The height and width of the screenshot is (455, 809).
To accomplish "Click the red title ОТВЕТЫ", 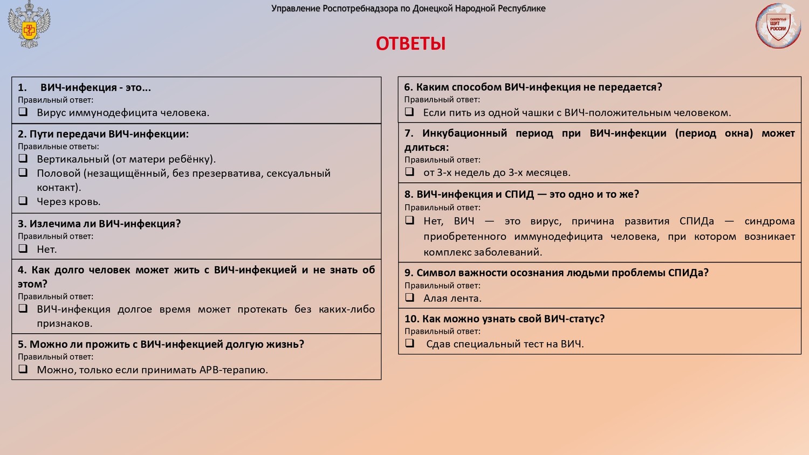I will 410,44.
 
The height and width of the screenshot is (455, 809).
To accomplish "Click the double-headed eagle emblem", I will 29,25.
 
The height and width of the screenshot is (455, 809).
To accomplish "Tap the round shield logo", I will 778,26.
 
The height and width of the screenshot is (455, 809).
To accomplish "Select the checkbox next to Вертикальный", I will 23,158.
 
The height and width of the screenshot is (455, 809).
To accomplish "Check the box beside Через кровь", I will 23,201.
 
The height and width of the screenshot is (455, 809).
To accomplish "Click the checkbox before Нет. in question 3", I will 23,249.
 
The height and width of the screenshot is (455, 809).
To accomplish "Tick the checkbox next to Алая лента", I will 410,298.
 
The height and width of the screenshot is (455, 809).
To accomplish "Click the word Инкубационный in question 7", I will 464,133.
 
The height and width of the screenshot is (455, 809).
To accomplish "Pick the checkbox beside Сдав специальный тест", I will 410,343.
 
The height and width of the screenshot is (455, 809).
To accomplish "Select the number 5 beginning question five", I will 21,344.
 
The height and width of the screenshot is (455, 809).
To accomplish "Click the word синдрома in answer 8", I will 770,221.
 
